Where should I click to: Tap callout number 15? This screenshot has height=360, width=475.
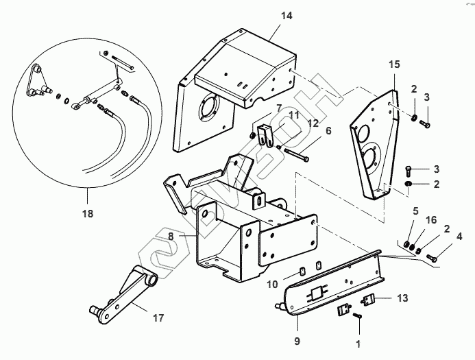[x=393, y=64]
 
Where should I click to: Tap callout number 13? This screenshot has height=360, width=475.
[x=402, y=298]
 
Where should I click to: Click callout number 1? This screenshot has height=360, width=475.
[x=357, y=341]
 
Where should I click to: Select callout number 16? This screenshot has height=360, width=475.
[x=430, y=220]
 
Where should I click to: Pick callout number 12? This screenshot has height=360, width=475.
[x=313, y=123]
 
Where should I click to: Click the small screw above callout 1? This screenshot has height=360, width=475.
[x=358, y=315]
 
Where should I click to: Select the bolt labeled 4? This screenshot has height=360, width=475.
[x=432, y=258]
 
